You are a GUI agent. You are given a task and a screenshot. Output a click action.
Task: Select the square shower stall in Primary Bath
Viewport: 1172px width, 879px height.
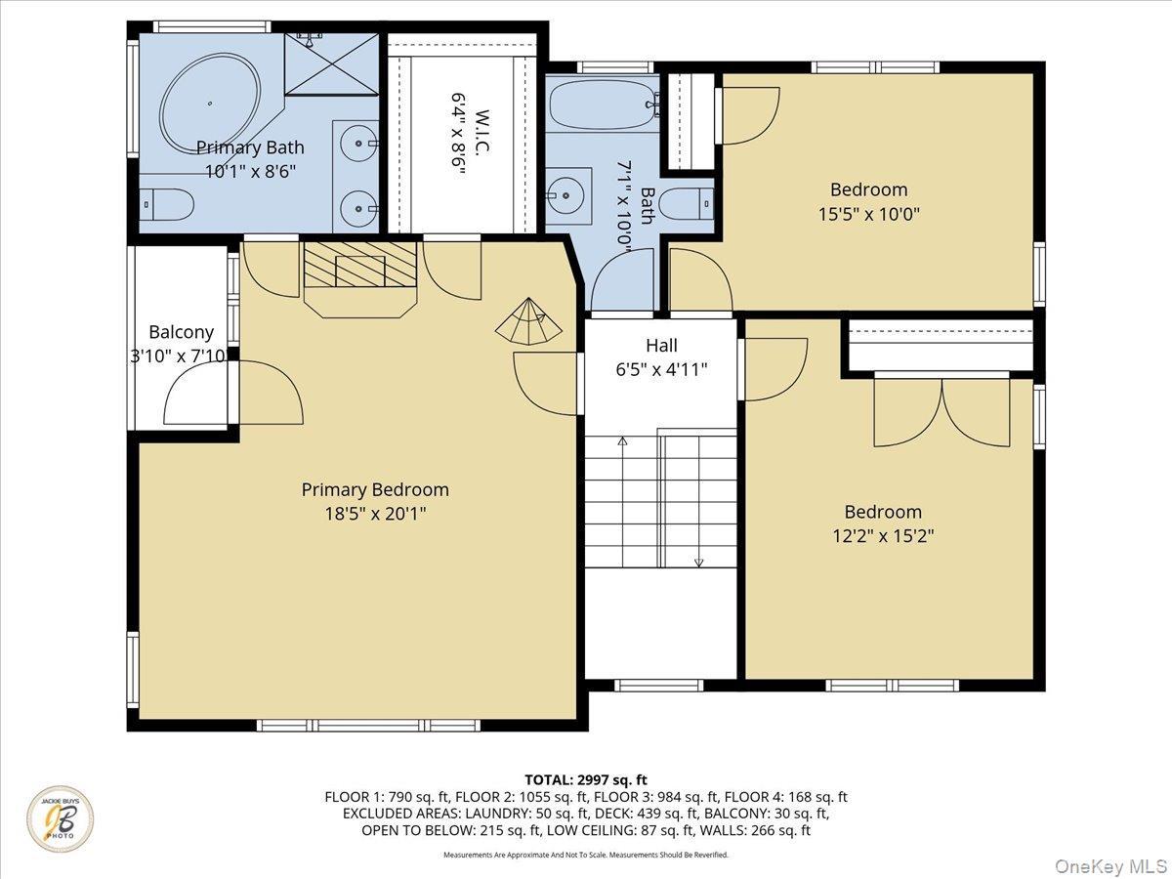[x=331, y=64]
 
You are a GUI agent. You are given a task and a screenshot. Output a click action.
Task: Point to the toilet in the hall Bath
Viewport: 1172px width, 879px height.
[x=686, y=204]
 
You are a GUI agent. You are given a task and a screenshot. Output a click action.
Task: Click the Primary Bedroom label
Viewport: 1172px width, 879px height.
[x=375, y=489]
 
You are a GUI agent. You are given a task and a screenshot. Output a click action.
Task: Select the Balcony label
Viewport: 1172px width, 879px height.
[x=181, y=332]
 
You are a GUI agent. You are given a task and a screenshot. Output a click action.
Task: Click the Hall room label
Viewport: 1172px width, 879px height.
[x=661, y=345]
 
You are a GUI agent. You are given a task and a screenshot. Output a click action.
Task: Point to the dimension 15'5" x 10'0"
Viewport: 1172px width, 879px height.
[x=868, y=213]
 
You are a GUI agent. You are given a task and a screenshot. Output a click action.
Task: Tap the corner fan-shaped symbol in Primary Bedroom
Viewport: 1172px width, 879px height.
[x=531, y=322]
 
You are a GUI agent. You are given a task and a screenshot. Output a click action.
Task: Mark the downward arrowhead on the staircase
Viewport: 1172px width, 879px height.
[x=699, y=562]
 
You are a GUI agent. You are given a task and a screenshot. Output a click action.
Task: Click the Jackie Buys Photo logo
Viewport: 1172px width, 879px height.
[x=61, y=818]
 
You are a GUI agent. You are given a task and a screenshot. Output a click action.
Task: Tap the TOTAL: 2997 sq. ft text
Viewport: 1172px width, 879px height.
[x=585, y=779]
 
